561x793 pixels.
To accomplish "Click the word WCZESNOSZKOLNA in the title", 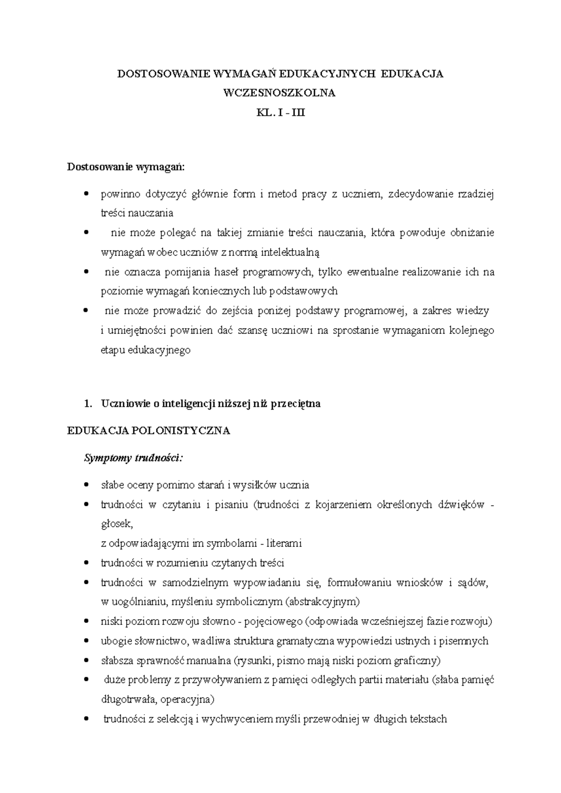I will point(280,93).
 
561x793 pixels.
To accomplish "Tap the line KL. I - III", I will point(280,113).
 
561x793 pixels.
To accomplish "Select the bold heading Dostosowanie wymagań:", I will point(126,167).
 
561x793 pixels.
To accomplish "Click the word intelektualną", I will point(290,253).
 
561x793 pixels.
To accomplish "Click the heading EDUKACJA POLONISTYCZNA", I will point(149,431).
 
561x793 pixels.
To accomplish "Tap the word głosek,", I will point(117,524).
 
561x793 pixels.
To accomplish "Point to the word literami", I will point(285,544).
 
